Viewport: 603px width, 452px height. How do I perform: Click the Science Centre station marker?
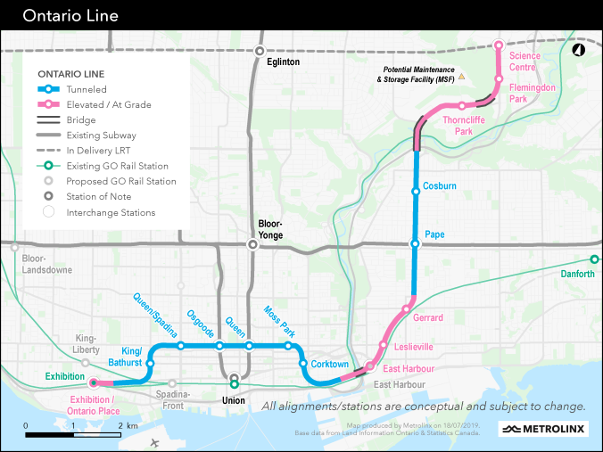[x=499, y=44]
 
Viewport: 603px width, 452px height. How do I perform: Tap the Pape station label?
[x=435, y=234]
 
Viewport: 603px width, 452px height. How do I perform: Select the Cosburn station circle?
[x=415, y=191]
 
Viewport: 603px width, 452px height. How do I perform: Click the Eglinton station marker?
[x=260, y=51]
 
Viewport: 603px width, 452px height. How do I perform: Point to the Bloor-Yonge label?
[x=270, y=227]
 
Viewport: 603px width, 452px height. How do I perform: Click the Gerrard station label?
[x=428, y=318]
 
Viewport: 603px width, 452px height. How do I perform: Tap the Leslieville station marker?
[x=384, y=346]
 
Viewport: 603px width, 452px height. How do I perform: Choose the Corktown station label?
[x=329, y=364]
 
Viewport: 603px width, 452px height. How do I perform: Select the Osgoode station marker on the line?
[x=219, y=346]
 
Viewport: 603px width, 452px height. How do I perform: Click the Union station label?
[x=234, y=400]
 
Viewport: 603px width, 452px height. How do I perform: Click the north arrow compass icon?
[x=578, y=50]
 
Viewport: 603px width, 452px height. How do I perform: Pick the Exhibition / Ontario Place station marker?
[x=94, y=384]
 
